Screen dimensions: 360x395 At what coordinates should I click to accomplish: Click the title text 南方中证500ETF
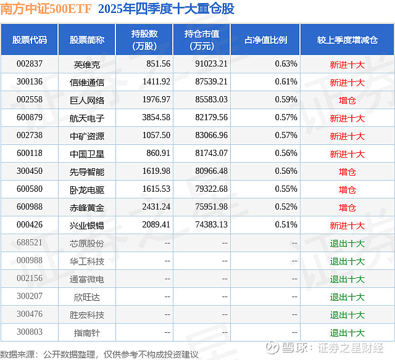[46, 9]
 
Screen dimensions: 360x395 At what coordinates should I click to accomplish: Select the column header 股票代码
[29, 39]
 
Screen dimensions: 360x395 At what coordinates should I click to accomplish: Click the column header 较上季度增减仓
[347, 39]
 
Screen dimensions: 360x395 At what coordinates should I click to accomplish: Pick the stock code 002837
[30, 64]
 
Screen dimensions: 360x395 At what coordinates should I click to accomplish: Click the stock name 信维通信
[87, 82]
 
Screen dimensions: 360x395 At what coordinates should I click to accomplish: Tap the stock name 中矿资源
[87, 136]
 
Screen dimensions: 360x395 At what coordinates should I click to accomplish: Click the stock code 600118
[30, 153]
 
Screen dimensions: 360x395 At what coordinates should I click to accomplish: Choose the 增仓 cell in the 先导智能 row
[347, 171]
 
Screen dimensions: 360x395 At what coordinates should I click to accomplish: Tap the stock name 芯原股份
[87, 243]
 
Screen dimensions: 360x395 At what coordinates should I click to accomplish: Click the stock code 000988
[30, 261]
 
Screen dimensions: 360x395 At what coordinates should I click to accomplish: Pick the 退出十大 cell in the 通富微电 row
[347, 279]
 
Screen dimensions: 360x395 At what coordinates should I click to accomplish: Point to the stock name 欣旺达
[87, 297]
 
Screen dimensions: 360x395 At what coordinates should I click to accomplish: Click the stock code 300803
[30, 333]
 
